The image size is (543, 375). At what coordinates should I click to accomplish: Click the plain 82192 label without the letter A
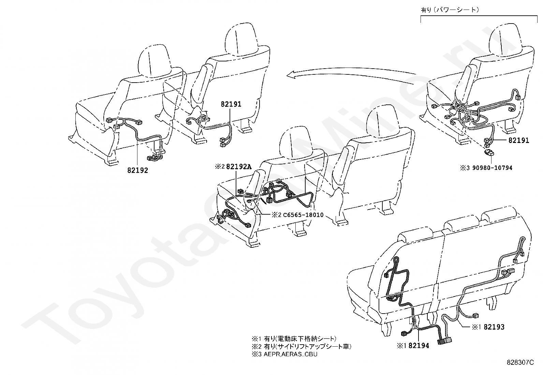[137, 170]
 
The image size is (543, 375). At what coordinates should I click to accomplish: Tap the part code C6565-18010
[303, 215]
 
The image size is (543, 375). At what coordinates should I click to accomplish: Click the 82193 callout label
[494, 327]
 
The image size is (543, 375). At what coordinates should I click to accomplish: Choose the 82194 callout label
[419, 346]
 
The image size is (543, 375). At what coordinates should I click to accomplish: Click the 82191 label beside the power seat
[519, 140]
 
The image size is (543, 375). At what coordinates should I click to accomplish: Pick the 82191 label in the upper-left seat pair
[231, 104]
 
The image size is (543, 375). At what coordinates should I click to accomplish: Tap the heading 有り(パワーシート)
[450, 10]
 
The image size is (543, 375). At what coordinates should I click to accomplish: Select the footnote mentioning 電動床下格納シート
[294, 339]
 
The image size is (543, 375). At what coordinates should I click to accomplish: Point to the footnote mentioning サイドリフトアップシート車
[302, 346]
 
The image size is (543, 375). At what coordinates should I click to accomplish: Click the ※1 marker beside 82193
[476, 327]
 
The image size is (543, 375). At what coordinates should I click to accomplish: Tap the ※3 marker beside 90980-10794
[465, 168]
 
